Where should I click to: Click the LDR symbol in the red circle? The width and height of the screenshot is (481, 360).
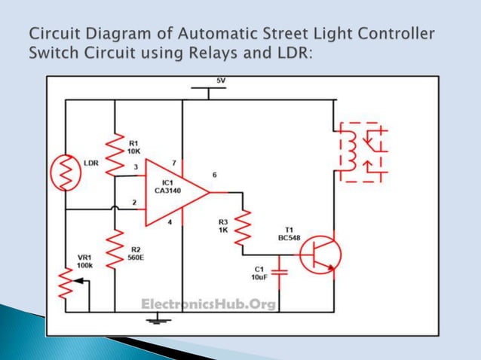[65, 174]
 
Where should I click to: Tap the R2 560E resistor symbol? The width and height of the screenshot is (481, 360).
[114, 249]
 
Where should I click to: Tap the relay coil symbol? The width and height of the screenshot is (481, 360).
[350, 151]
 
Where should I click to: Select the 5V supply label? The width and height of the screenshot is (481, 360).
[220, 80]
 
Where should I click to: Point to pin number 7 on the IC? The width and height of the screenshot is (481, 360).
[174, 162]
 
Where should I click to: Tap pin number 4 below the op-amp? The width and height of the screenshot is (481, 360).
[170, 222]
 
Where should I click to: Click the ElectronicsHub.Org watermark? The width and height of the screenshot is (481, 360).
[209, 304]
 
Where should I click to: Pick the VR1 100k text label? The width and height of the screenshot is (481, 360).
[84, 261]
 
